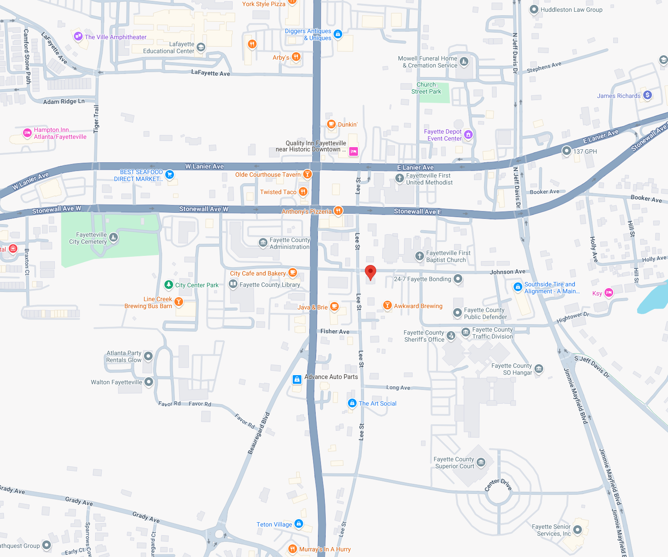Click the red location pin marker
[x=370, y=272]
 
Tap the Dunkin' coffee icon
[x=331, y=124]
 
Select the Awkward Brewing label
[x=418, y=306]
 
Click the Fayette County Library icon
[x=233, y=285]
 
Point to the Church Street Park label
[x=426, y=88]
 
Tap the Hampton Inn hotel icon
[x=27, y=133]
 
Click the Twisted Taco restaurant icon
[x=303, y=192]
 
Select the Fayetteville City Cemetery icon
[x=114, y=238]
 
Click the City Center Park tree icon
[x=169, y=285]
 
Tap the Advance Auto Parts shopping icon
[x=297, y=379]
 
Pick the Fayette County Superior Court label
[x=454, y=463]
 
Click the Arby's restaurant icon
[x=296, y=57]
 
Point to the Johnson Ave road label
[x=508, y=272]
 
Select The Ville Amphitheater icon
[x=78, y=37]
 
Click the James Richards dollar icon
[x=648, y=95]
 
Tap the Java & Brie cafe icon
[x=334, y=306]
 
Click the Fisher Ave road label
[x=335, y=332]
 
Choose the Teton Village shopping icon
[x=299, y=523]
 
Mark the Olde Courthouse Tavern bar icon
[x=307, y=174]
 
